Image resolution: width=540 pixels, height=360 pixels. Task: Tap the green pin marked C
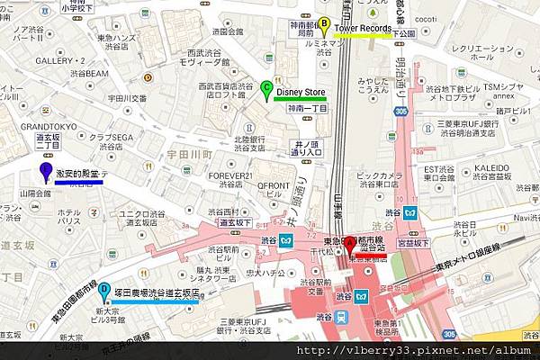(266, 89)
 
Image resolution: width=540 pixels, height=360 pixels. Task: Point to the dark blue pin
(46, 172)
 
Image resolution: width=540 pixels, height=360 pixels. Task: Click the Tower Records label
(363, 29)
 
